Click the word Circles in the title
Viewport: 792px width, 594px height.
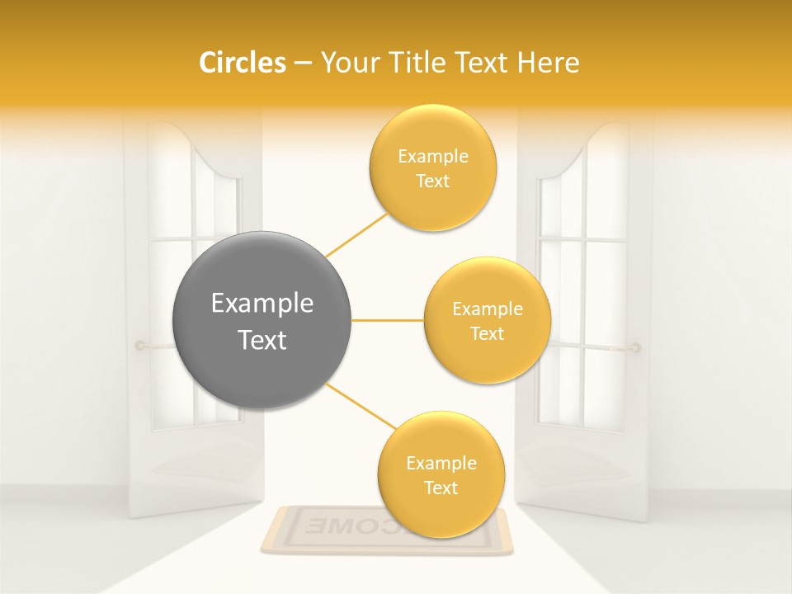tap(243, 63)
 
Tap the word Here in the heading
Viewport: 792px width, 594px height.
tap(549, 63)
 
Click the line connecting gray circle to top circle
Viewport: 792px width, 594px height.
tap(357, 235)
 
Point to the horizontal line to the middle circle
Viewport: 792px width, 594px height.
tap(388, 320)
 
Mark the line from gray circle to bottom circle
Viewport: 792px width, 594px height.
tap(361, 406)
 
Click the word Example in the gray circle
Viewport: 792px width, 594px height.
tap(262, 304)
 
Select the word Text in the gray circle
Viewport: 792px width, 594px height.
tap(262, 340)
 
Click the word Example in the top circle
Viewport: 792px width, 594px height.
tap(433, 157)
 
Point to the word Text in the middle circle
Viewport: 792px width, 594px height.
tap(488, 334)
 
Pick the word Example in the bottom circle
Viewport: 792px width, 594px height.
tap(441, 464)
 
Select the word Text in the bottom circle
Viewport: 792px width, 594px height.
tap(441, 488)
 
